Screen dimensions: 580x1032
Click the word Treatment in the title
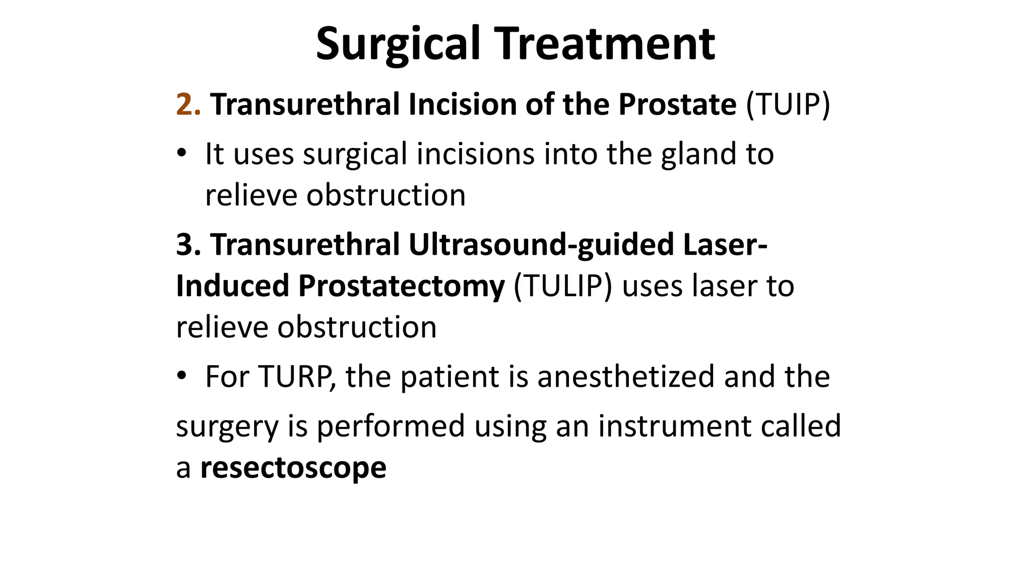606,44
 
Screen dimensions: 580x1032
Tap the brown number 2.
188,105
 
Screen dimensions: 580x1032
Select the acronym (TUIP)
788,105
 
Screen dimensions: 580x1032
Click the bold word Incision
462,105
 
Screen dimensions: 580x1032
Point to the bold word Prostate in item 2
677,105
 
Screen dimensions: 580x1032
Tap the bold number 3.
188,245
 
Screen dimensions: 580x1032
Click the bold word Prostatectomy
401,286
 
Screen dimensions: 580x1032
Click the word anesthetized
626,377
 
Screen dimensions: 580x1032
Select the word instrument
674,426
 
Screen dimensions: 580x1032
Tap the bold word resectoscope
293,468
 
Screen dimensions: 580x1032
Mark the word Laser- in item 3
725,245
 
